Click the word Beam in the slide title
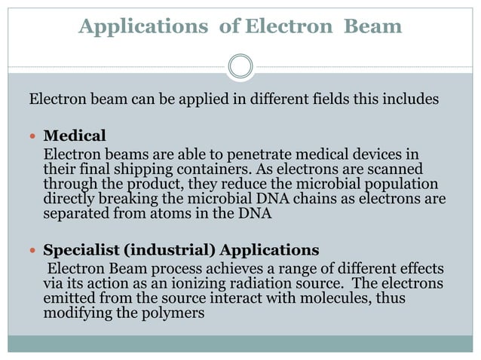(x=372, y=27)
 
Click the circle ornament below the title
(x=240, y=66)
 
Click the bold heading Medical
(x=75, y=136)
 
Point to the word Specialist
(x=79, y=249)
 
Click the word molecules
(x=320, y=298)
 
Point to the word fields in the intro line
(x=301, y=99)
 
